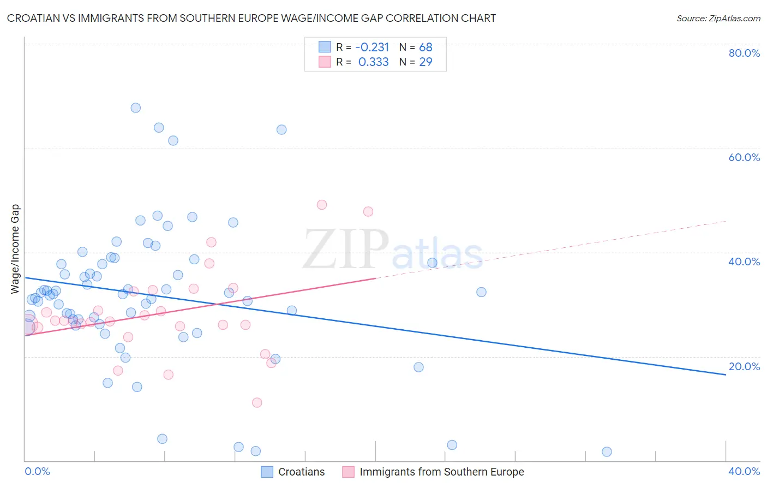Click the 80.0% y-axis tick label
tap(744, 53)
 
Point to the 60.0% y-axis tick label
tap(744, 157)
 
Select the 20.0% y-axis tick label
tap(744, 366)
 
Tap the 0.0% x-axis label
tap(37, 471)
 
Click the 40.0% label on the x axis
tap(744, 471)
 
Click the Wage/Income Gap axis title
tap(15, 249)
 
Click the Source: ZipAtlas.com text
tap(718, 18)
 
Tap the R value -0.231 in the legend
tap(372, 47)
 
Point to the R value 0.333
tap(373, 62)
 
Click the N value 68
tap(426, 47)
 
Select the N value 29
tap(426, 62)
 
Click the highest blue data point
tap(136, 108)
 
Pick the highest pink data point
tap(322, 205)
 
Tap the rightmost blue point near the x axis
tap(607, 452)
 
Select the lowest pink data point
tap(257, 402)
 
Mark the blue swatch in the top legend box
tap(325, 47)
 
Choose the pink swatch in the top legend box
tap(325, 62)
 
